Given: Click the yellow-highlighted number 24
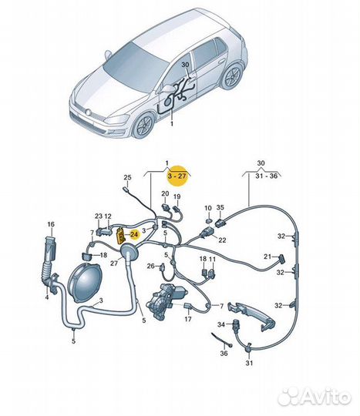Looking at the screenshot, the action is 134,234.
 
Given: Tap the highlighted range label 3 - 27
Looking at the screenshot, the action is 177,176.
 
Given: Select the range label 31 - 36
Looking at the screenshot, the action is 267,176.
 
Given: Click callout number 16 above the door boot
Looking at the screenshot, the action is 51,224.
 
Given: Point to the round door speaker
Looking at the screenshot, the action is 85,283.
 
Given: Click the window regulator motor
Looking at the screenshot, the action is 166,301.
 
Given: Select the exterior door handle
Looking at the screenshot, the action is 251,317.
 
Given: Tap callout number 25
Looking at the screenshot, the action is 128,177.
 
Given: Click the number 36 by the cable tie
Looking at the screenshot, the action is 224,353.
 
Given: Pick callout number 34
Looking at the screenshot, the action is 221,324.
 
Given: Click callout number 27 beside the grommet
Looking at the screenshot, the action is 114,263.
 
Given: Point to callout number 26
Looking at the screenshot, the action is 150,266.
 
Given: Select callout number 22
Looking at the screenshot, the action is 222,240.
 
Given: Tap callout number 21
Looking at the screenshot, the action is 267,257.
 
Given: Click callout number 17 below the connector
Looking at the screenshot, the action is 187,319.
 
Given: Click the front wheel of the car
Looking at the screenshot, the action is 143,125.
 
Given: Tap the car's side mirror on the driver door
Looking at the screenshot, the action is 167,89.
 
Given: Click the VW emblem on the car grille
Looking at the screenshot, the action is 87,112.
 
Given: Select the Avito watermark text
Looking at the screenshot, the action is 326,398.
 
